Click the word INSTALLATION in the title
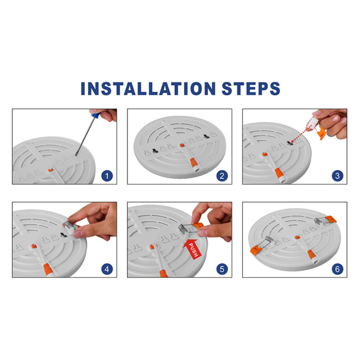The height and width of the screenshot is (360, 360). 148,89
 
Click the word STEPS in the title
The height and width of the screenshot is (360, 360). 251,89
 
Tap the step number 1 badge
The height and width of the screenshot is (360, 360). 107,176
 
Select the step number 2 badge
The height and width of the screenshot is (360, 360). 222,176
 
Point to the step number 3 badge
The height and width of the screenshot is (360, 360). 337,176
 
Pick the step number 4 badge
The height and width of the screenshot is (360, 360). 107,269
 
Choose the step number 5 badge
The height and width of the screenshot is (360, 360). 222,269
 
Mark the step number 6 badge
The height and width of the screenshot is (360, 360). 337,269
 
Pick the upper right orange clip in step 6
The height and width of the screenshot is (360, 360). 330,219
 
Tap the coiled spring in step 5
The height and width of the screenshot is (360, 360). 183,229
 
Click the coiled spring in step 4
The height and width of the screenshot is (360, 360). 69,224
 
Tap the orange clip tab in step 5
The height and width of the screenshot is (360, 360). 198,226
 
